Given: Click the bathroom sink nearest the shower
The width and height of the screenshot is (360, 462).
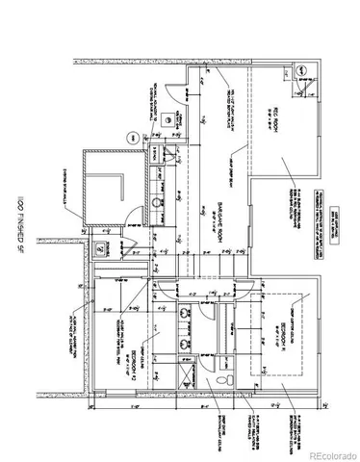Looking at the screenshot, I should click(x=186, y=342).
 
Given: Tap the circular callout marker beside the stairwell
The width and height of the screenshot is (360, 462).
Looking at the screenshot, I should click(x=127, y=139).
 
